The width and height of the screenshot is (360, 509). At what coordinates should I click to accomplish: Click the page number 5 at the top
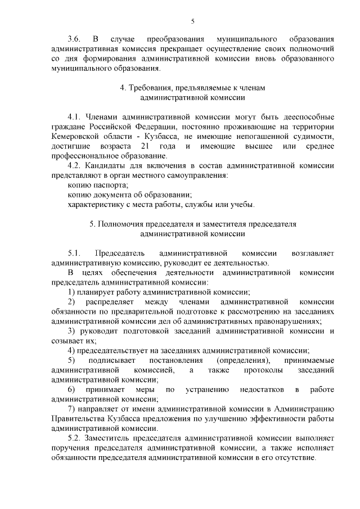pos(192,22)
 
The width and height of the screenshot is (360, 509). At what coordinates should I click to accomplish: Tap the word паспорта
pos(112,186)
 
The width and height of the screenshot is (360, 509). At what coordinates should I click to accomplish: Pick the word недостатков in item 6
pos(264,389)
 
